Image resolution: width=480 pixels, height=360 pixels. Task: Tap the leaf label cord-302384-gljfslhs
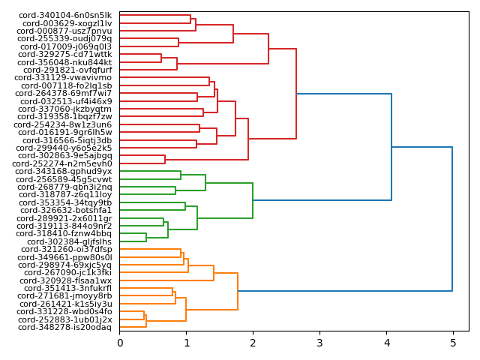[69, 241]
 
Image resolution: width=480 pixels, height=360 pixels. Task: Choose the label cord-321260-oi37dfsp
[66, 249]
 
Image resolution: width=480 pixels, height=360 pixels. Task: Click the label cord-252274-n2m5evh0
[64, 163]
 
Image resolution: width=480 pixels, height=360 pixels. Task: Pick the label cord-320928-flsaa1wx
[66, 280]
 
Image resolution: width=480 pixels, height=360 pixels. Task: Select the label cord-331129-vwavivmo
[63, 77]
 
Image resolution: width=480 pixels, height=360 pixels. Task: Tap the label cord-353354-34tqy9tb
[65, 202]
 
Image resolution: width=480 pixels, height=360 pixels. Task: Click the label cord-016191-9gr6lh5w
[64, 132]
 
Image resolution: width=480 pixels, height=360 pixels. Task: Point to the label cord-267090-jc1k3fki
[67, 272]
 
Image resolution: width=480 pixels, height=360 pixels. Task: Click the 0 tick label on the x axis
[120, 343]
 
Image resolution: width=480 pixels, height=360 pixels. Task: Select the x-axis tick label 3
[319, 343]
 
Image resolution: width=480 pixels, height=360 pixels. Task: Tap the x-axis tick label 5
[452, 343]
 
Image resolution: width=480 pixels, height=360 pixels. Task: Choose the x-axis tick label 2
[253, 343]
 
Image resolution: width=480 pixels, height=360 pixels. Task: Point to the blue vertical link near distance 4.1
[391, 147]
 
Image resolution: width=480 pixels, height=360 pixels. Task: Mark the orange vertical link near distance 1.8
[238, 291]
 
